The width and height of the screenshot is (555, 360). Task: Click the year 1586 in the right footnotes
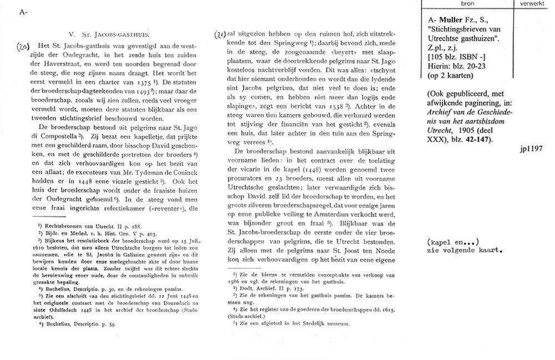click(233, 281)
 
